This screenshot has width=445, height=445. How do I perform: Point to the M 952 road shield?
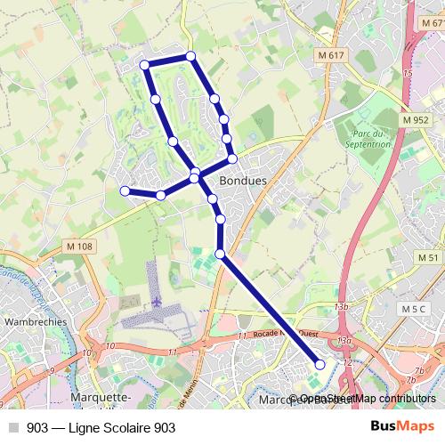tap(415, 120)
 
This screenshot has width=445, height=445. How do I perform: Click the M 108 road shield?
tap(78, 246)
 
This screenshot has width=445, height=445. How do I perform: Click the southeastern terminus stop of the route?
tap(320, 363)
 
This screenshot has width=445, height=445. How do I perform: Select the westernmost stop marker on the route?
tap(125, 190)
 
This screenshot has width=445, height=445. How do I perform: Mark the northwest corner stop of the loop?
tap(145, 64)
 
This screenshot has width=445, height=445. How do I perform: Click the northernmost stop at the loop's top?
tap(190, 57)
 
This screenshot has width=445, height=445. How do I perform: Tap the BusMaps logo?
tap(403, 426)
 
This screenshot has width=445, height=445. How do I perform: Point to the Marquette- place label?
tap(101, 397)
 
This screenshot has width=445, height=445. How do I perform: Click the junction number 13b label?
tap(341, 306)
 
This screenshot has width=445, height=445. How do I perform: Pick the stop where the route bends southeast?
tap(221, 255)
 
